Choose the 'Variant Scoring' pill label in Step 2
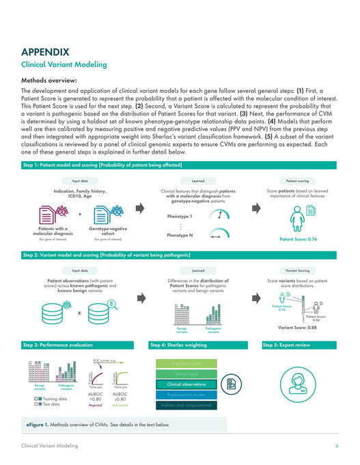pyautogui.click(x=296, y=270)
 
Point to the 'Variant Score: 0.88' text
pyautogui.click(x=298, y=328)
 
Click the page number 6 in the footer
pyautogui.click(x=337, y=445)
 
